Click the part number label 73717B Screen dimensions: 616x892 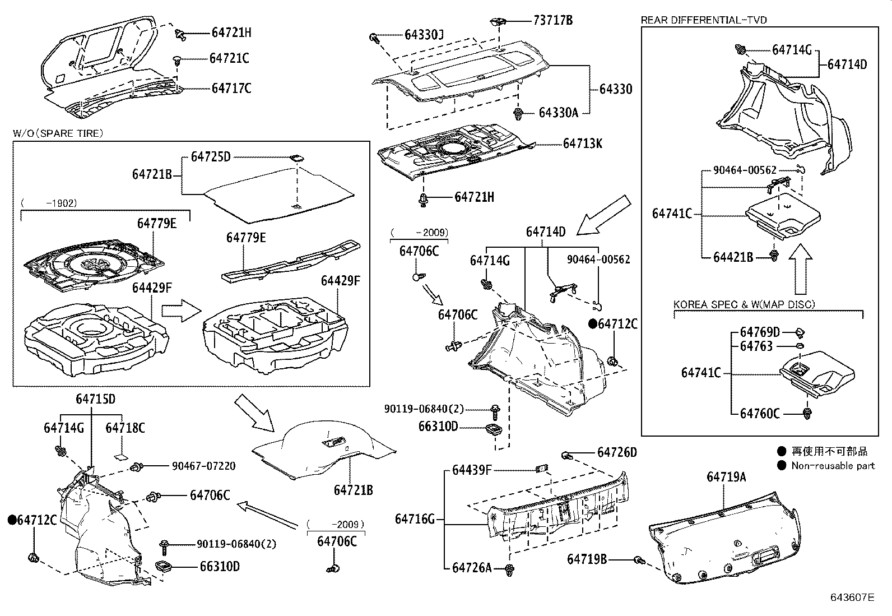pyautogui.click(x=552, y=21)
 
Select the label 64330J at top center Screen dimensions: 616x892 pyautogui.click(x=424, y=35)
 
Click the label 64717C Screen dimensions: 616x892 pyautogui.click(x=231, y=88)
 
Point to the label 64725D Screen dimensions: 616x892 pyautogui.click(x=210, y=156)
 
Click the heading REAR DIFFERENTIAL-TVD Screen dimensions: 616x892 pyautogui.click(x=704, y=20)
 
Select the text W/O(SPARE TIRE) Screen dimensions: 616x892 pyautogui.click(x=58, y=133)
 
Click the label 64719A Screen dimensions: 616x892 pyautogui.click(x=726, y=477)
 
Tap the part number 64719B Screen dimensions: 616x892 pyautogui.click(x=587, y=559)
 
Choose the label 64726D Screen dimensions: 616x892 pyautogui.click(x=617, y=452)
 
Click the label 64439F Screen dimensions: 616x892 pyautogui.click(x=472, y=470)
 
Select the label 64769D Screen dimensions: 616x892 pyautogui.click(x=760, y=332)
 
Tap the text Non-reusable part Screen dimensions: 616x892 pyautogui.click(x=833, y=465)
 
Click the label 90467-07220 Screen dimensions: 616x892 pyautogui.click(x=203, y=466)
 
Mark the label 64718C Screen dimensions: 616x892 pyautogui.click(x=125, y=428)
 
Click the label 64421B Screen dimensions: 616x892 pyautogui.click(x=733, y=257)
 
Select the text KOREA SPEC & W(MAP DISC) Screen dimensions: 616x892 pyautogui.click(x=744, y=304)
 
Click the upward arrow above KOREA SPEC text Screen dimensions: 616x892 pyautogui.click(x=800, y=271)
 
